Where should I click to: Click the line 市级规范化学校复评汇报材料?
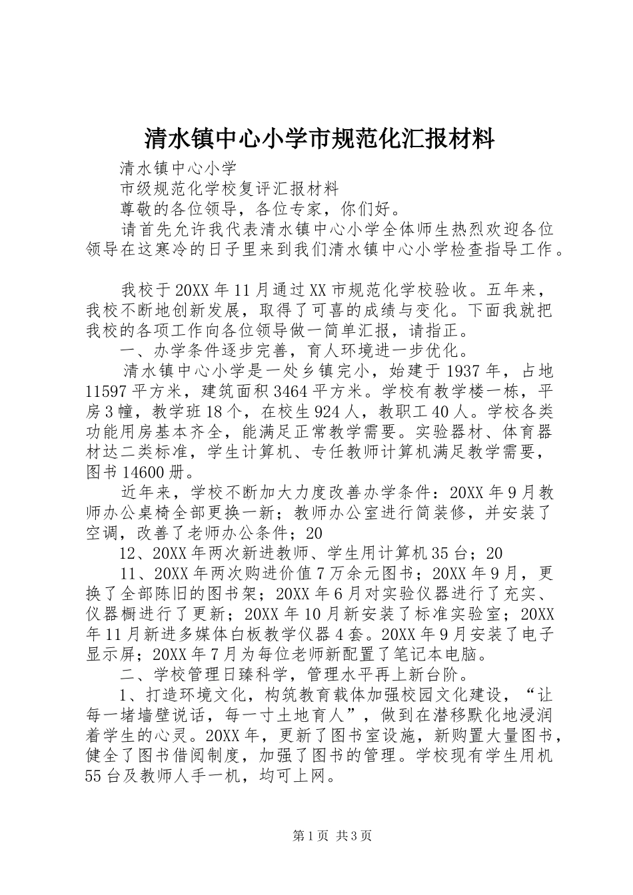(x=230, y=188)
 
